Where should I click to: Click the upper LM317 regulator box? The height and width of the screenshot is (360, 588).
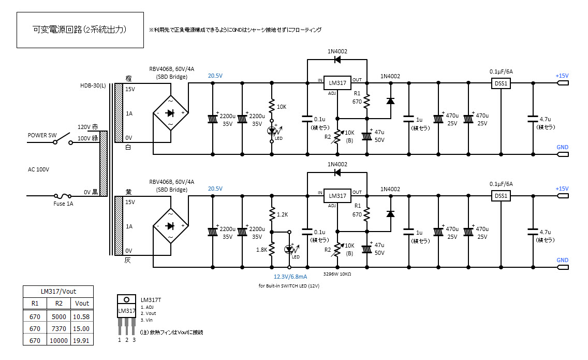pyautogui.click(x=337, y=83)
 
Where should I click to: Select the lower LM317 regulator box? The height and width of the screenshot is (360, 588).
pyautogui.click(x=337, y=196)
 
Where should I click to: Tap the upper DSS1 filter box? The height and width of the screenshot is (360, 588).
pyautogui.click(x=501, y=83)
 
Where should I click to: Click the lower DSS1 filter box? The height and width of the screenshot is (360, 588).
pyautogui.click(x=501, y=196)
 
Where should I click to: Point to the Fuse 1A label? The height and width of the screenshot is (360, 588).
pyautogui.click(x=63, y=204)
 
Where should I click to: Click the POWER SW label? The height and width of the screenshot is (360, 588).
pyautogui.click(x=42, y=135)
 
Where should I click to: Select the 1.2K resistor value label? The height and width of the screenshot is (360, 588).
pyautogui.click(x=283, y=215)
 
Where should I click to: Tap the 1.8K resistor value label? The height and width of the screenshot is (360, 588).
pyautogui.click(x=262, y=250)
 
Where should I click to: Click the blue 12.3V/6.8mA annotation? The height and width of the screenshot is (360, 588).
pyautogui.click(x=290, y=277)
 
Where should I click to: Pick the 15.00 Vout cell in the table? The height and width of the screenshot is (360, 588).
pyautogui.click(x=81, y=328)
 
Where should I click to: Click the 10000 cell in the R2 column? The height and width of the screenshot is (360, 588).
pyautogui.click(x=59, y=340)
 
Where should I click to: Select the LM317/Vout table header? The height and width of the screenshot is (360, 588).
pyautogui.click(x=58, y=291)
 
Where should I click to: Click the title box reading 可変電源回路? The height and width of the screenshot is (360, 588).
pyautogui.click(x=80, y=30)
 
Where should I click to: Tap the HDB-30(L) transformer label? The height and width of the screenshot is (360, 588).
pyautogui.click(x=93, y=85)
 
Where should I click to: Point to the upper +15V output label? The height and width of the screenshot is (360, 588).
pyautogui.click(x=562, y=76)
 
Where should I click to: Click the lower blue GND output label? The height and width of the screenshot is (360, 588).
pyautogui.click(x=563, y=260)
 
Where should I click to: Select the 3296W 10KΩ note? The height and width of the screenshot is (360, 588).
pyautogui.click(x=337, y=274)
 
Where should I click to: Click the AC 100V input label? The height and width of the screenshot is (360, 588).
pyautogui.click(x=38, y=170)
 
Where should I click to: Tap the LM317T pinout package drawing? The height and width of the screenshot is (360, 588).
pyautogui.click(x=126, y=315)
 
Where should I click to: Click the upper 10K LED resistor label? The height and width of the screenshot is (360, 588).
pyautogui.click(x=282, y=107)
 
